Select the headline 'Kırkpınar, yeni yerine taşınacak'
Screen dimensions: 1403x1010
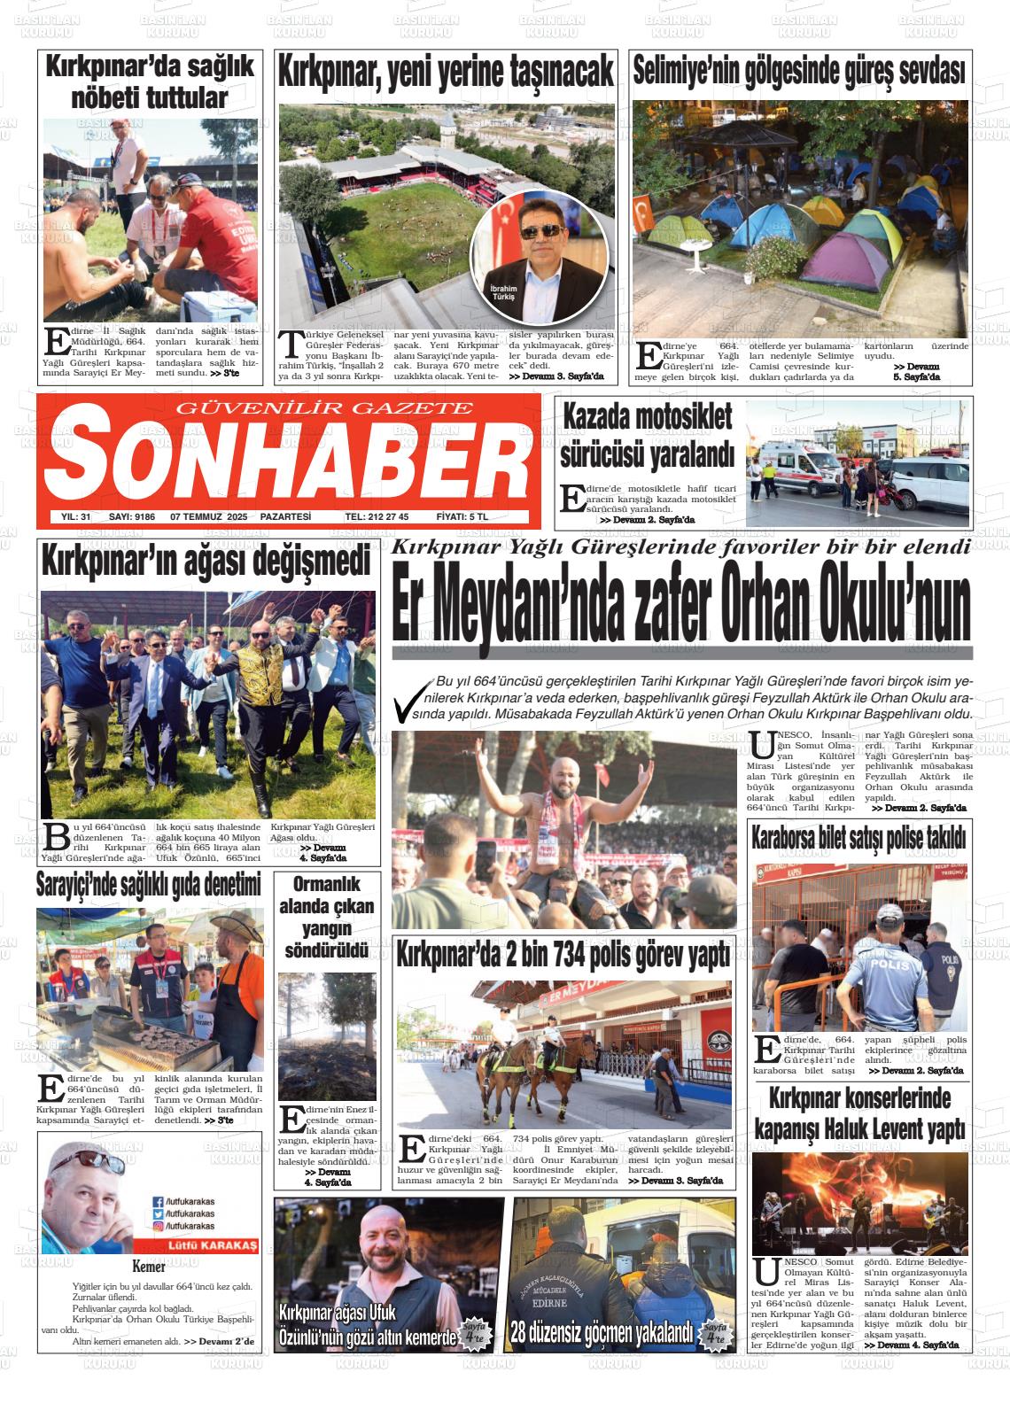(x=446, y=72)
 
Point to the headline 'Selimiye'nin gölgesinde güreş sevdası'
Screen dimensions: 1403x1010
(x=798, y=71)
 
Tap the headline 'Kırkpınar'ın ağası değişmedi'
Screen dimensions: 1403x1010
(x=206, y=562)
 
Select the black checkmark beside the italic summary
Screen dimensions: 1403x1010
(x=410, y=700)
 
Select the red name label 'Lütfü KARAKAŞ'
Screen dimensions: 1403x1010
(x=199, y=1245)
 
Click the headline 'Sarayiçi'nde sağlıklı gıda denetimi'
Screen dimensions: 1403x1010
(x=149, y=884)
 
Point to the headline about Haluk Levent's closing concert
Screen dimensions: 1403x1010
(x=858, y=1114)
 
